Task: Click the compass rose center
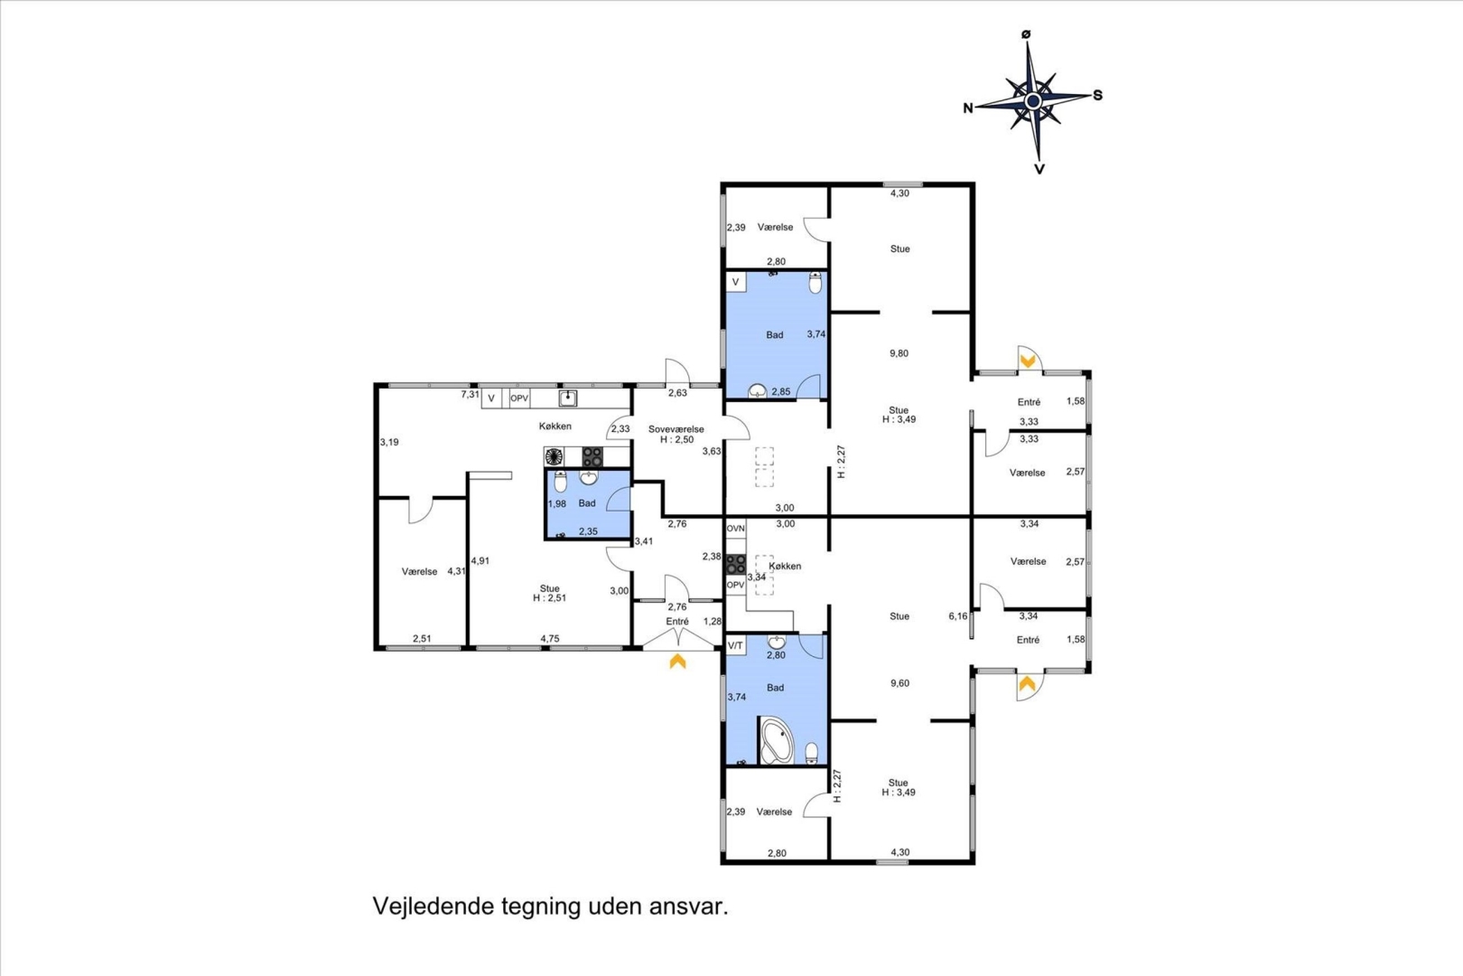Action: click(1032, 101)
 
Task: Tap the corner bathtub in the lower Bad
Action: click(776, 740)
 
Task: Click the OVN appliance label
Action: click(735, 528)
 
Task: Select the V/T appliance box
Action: click(735, 645)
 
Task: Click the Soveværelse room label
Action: click(676, 429)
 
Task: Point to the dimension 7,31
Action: click(471, 394)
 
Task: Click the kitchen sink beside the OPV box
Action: click(567, 398)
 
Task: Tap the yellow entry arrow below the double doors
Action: click(678, 662)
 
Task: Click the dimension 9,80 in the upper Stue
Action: click(899, 353)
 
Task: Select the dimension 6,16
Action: click(958, 615)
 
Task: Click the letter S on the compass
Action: click(1098, 96)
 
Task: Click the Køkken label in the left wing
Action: click(555, 426)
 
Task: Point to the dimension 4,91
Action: click(480, 560)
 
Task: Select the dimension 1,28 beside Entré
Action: click(712, 622)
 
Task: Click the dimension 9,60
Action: click(899, 683)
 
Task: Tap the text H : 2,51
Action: click(549, 597)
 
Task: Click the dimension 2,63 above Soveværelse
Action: click(677, 393)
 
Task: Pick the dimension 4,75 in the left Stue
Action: click(550, 639)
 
